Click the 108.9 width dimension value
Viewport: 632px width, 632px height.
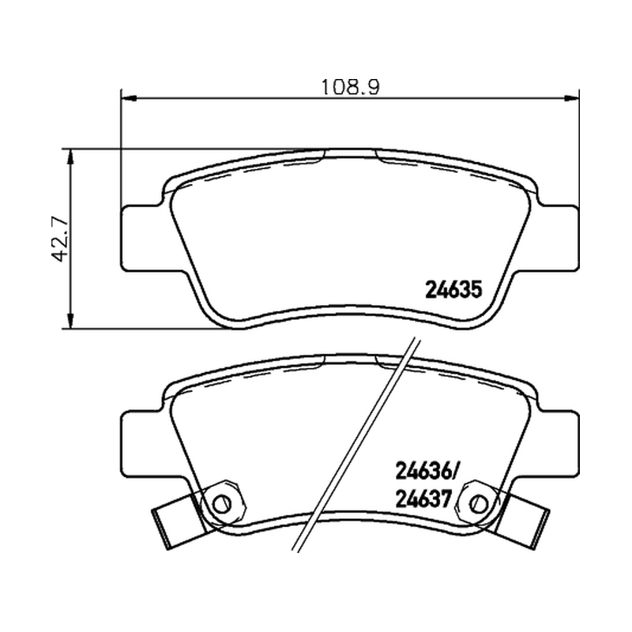350,87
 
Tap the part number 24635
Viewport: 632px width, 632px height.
453,289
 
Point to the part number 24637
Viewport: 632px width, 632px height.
423,500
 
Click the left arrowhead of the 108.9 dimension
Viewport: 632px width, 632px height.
129,98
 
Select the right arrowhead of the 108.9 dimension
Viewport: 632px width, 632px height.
571,98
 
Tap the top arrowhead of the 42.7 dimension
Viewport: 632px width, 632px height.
71,156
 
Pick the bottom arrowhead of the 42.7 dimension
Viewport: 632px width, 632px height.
71,321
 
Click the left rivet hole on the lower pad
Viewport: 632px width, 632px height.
222,502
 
